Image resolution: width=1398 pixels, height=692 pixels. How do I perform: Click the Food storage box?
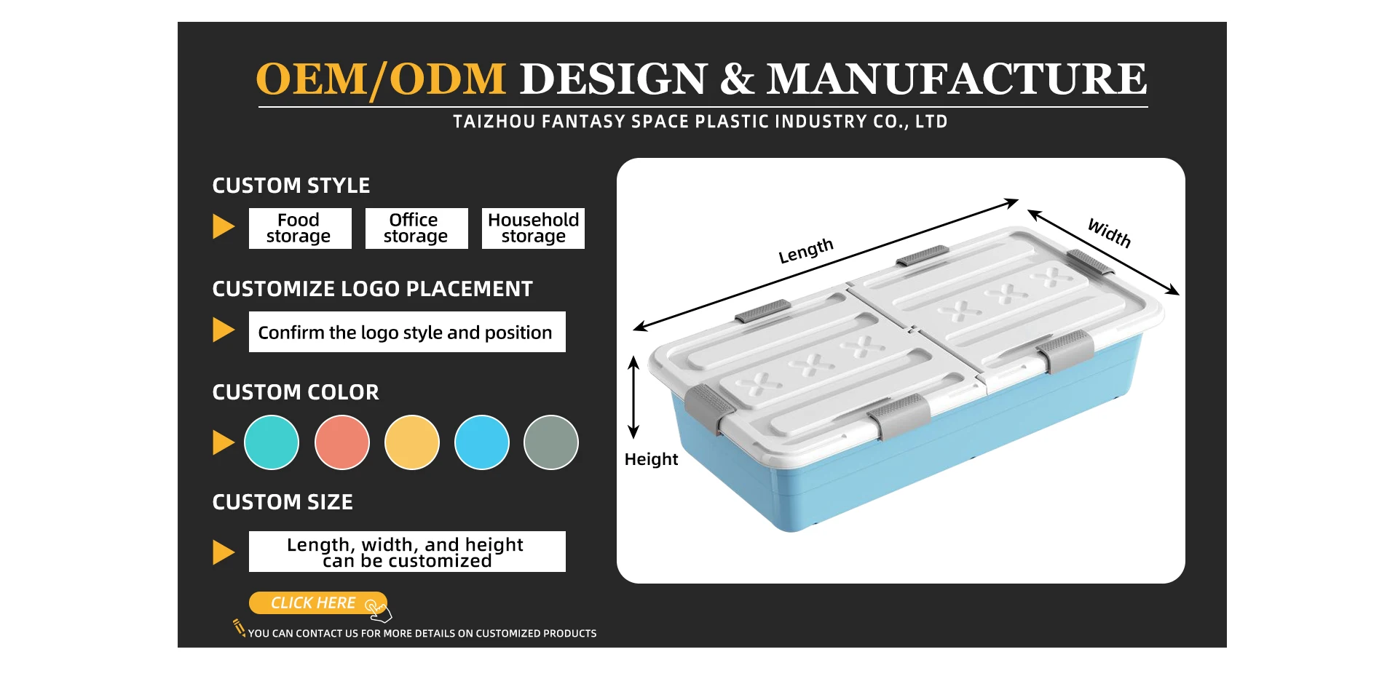299,228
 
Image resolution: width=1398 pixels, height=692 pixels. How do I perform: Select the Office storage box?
416,228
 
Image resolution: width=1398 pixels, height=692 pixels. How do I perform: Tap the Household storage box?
533,228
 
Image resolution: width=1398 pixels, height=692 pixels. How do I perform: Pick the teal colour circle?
272,442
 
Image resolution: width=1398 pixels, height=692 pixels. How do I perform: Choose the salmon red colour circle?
341,442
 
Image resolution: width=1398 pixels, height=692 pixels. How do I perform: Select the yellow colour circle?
411,442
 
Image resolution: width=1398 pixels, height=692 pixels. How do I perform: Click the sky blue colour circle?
481,442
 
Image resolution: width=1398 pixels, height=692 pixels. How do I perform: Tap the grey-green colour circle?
551,442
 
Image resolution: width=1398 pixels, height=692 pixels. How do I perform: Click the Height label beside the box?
651,459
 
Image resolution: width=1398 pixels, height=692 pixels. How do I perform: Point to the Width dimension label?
1109,233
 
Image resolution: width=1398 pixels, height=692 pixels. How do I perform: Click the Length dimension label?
805,251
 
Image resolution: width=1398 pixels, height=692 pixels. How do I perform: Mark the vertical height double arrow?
633,397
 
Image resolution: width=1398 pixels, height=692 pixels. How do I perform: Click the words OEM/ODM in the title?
381,79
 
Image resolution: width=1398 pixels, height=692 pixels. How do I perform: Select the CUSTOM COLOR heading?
296,392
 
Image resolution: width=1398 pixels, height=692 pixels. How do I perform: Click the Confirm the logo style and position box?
406,332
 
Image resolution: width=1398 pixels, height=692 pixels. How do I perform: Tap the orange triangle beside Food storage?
223,226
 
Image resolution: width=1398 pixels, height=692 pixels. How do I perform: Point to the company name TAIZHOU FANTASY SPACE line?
700,122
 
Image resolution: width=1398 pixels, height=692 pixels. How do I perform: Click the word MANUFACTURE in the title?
956,79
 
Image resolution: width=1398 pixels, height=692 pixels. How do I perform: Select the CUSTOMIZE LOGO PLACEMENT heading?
372,289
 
